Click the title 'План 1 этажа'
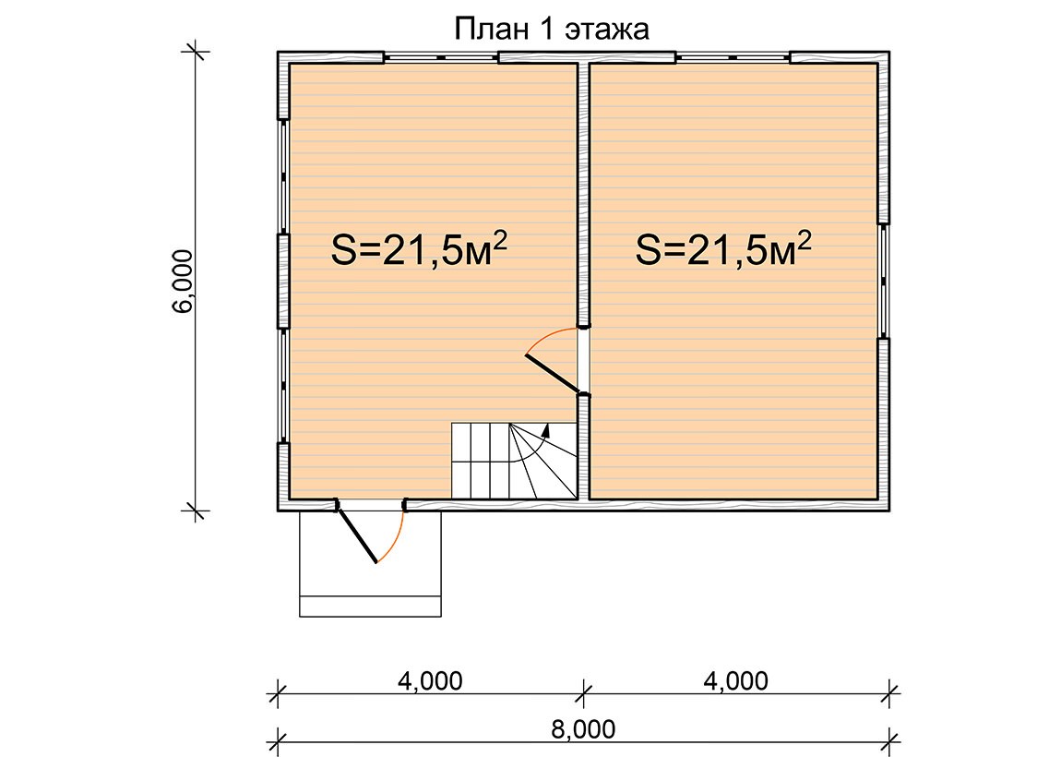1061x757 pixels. point(551,30)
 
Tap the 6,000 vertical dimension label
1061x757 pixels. point(183,281)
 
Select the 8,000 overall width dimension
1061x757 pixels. point(583,729)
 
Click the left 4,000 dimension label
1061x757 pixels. point(430,680)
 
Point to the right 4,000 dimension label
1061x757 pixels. point(735,680)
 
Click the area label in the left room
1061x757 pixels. point(420,249)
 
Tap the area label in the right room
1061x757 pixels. point(723,249)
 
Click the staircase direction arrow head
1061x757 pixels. point(545,429)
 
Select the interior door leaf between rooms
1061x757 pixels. point(552,373)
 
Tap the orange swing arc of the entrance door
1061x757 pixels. point(395,540)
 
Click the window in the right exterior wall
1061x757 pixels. point(884,281)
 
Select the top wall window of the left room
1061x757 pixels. point(442,57)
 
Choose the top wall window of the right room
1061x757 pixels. point(733,57)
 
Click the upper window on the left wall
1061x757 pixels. point(283,176)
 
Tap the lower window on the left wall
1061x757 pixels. point(283,386)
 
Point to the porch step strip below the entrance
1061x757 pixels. point(370,606)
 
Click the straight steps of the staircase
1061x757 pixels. point(480,461)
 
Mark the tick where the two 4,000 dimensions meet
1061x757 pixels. point(583,693)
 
